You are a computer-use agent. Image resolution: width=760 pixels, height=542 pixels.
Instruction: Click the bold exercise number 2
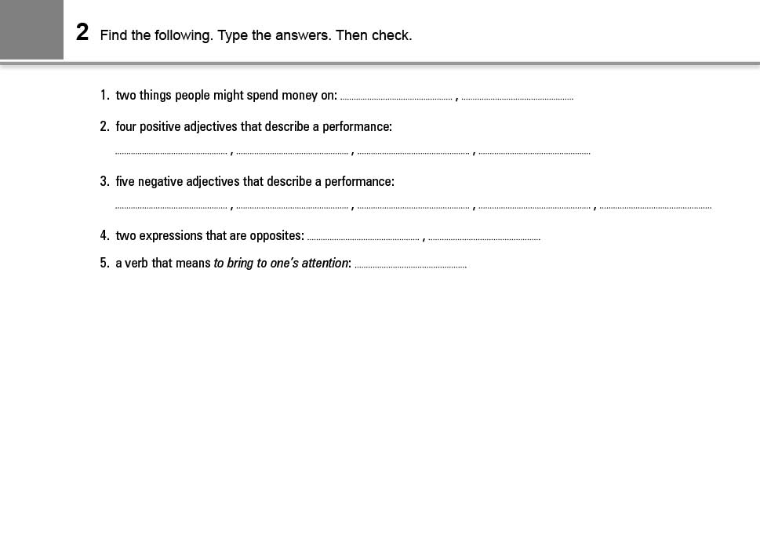coord(82,33)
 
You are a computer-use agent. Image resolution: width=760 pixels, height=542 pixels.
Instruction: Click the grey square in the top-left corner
coord(31,29)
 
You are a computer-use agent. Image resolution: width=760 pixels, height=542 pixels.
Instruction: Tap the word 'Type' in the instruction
coord(233,35)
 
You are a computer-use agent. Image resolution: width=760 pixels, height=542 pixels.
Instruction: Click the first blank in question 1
coord(396,96)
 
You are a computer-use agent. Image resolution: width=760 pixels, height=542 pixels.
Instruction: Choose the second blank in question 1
coord(518,96)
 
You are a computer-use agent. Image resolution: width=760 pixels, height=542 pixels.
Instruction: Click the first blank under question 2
coord(171,151)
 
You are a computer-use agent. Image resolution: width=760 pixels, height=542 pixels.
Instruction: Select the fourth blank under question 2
coord(534,151)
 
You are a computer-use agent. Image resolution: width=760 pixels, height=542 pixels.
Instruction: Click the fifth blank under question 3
coord(656,206)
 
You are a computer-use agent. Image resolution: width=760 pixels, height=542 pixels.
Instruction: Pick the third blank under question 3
coord(413,206)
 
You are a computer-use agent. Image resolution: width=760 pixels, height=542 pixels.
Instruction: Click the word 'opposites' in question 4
coord(277,235)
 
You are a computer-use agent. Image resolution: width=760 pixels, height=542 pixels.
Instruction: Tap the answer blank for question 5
coord(410,265)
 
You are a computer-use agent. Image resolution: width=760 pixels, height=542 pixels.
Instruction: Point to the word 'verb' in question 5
coord(137,263)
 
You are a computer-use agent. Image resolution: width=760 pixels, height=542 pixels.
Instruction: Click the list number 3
coord(104,181)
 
